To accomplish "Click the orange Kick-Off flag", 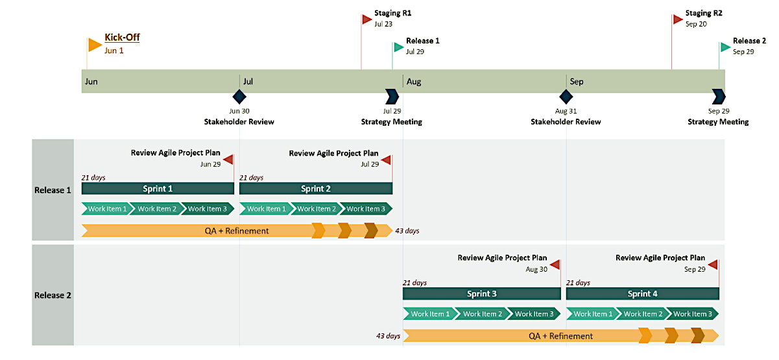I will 94,45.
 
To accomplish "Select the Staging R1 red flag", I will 367,19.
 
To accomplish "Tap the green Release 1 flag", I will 398,47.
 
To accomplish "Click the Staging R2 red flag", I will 678,19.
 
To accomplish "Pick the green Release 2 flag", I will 725,47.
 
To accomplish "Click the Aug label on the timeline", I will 414,82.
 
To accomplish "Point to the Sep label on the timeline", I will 577,82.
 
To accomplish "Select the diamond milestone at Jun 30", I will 239,97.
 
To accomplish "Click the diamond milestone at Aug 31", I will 566,97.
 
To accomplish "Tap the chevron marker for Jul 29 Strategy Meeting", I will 392,97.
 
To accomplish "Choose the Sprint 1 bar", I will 158,189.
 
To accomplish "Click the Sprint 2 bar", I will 316,189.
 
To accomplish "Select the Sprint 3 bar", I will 481,294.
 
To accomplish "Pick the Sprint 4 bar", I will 642,294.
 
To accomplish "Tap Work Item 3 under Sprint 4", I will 691,314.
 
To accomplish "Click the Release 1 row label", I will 53,190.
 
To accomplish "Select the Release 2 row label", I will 53,295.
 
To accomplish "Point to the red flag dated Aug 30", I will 555,265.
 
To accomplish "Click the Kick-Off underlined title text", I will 122,38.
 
